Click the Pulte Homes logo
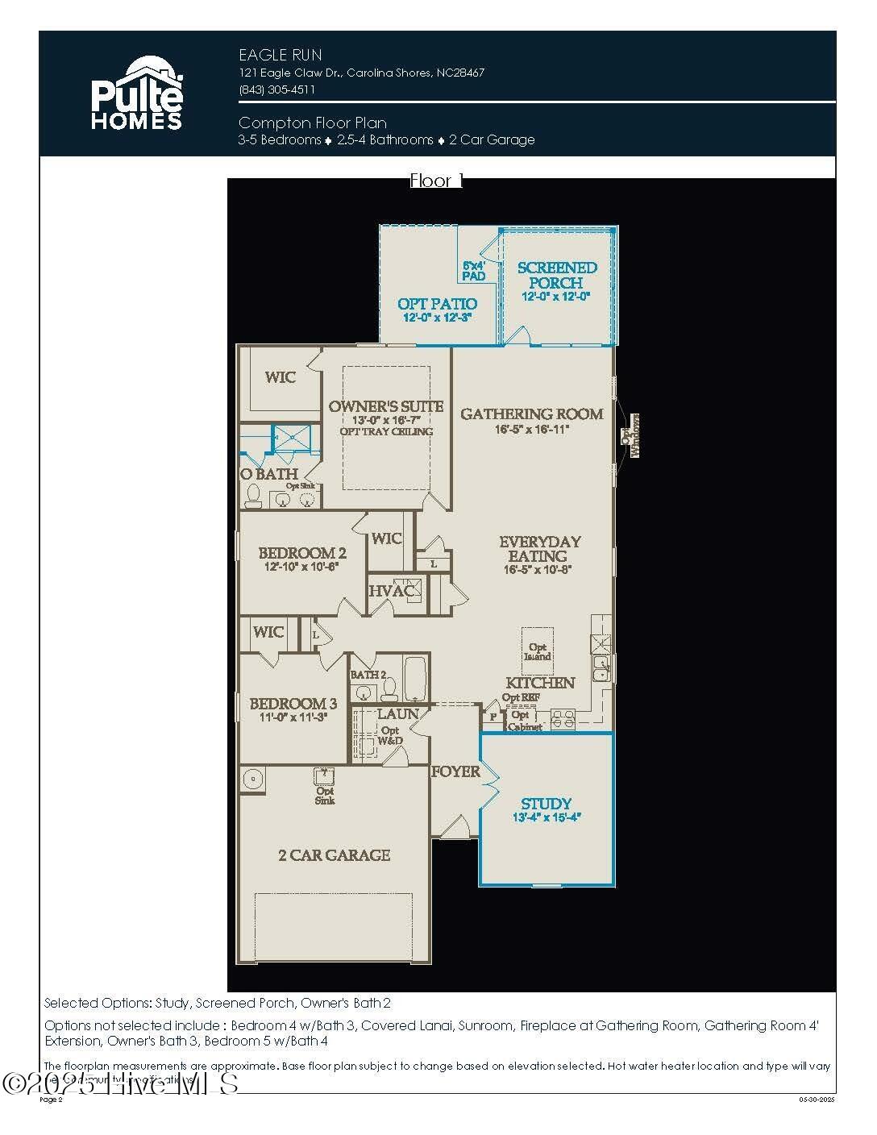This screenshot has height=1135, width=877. point(136,94)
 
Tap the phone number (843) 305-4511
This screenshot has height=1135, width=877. point(276,89)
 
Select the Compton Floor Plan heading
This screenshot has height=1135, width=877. point(313,123)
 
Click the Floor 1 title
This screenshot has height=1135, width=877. point(436,181)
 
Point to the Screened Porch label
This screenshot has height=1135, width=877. point(557,275)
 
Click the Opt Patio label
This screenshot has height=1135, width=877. point(437,304)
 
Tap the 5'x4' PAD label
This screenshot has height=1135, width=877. point(474,271)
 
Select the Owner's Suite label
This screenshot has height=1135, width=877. point(386,406)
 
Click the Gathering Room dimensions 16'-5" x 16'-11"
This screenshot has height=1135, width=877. point(532,430)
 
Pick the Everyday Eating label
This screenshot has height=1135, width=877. point(539,549)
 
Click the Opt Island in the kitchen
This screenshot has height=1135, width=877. point(538,651)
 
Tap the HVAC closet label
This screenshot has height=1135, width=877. point(391,592)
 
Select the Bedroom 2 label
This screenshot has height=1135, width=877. point(302,553)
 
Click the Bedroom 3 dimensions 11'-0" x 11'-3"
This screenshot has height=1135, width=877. point(293,717)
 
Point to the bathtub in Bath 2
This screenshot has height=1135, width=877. point(415,680)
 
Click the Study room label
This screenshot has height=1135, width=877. point(546,804)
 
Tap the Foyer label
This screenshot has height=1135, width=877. point(455,771)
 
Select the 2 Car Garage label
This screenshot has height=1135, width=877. point(334,855)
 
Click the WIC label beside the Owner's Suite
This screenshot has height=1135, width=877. point(281,377)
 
